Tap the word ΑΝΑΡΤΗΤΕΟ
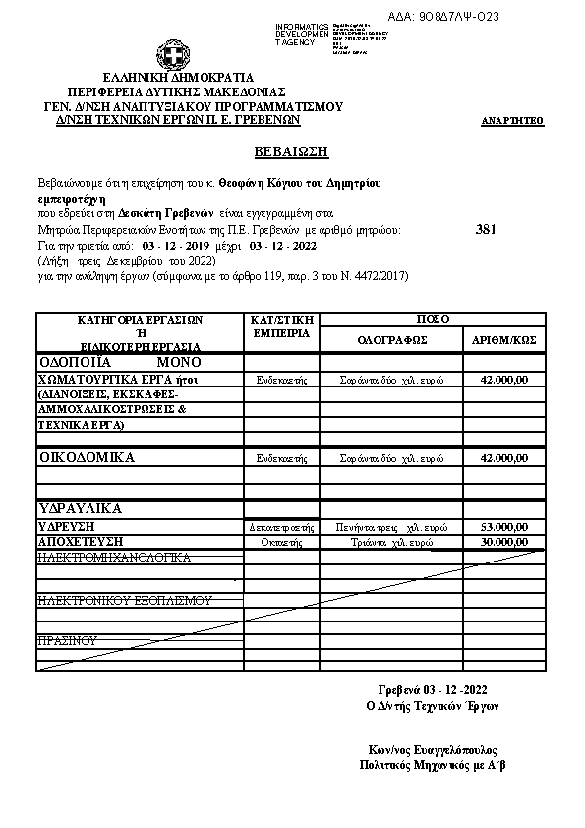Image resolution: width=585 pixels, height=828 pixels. click(x=512, y=121)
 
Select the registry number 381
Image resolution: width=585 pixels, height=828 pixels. click(x=486, y=229)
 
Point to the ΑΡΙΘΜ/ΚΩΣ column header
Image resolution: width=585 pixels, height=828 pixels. click(x=503, y=340)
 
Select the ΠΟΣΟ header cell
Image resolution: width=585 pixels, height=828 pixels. click(x=433, y=320)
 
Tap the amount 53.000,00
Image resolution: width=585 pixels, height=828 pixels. click(x=504, y=527)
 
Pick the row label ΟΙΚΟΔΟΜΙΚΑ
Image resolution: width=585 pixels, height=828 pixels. click(x=87, y=457)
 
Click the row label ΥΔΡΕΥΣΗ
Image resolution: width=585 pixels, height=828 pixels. click(x=66, y=527)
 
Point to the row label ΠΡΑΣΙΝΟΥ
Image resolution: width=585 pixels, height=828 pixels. click(x=68, y=640)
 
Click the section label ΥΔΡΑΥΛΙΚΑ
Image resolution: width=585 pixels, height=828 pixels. click(x=80, y=509)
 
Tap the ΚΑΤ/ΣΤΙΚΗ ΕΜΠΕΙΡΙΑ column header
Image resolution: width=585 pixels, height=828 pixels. click(x=282, y=326)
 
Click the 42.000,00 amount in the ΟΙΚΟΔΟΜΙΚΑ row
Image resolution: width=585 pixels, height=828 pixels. click(x=504, y=458)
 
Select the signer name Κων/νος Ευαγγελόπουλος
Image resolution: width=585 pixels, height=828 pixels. click(x=433, y=748)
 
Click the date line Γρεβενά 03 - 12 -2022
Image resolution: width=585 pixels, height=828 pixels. click(x=433, y=688)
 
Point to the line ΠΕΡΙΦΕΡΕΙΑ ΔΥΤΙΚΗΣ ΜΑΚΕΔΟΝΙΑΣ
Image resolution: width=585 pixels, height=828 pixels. click(x=178, y=91)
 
